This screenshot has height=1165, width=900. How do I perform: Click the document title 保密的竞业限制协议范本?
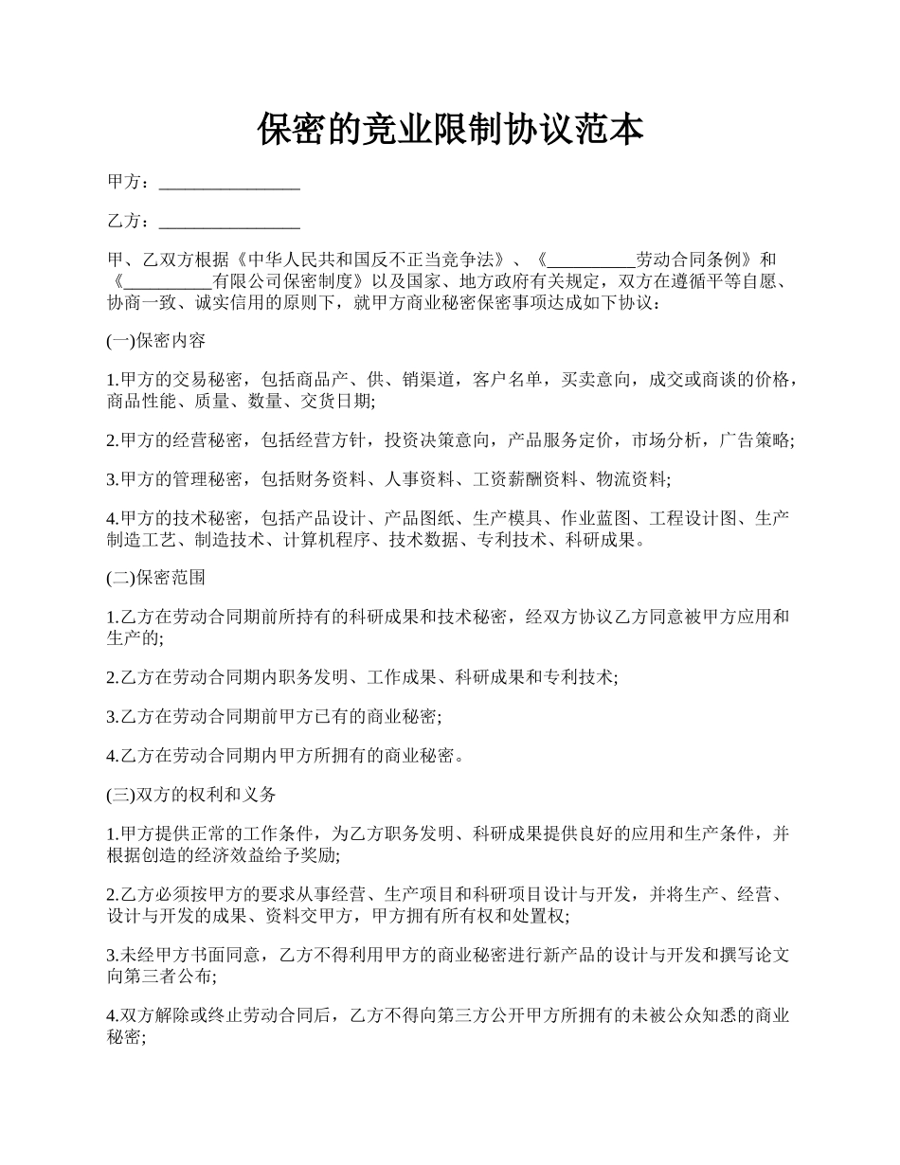click(450, 130)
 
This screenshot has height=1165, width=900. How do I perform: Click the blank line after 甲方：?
click(229, 183)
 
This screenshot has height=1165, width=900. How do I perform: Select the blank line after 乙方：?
click(229, 222)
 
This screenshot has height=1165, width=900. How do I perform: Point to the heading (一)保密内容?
click(155, 341)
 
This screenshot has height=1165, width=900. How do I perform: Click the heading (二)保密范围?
click(155, 577)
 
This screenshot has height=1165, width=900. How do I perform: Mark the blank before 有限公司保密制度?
click(168, 281)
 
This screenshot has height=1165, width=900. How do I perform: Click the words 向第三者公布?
click(160, 977)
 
